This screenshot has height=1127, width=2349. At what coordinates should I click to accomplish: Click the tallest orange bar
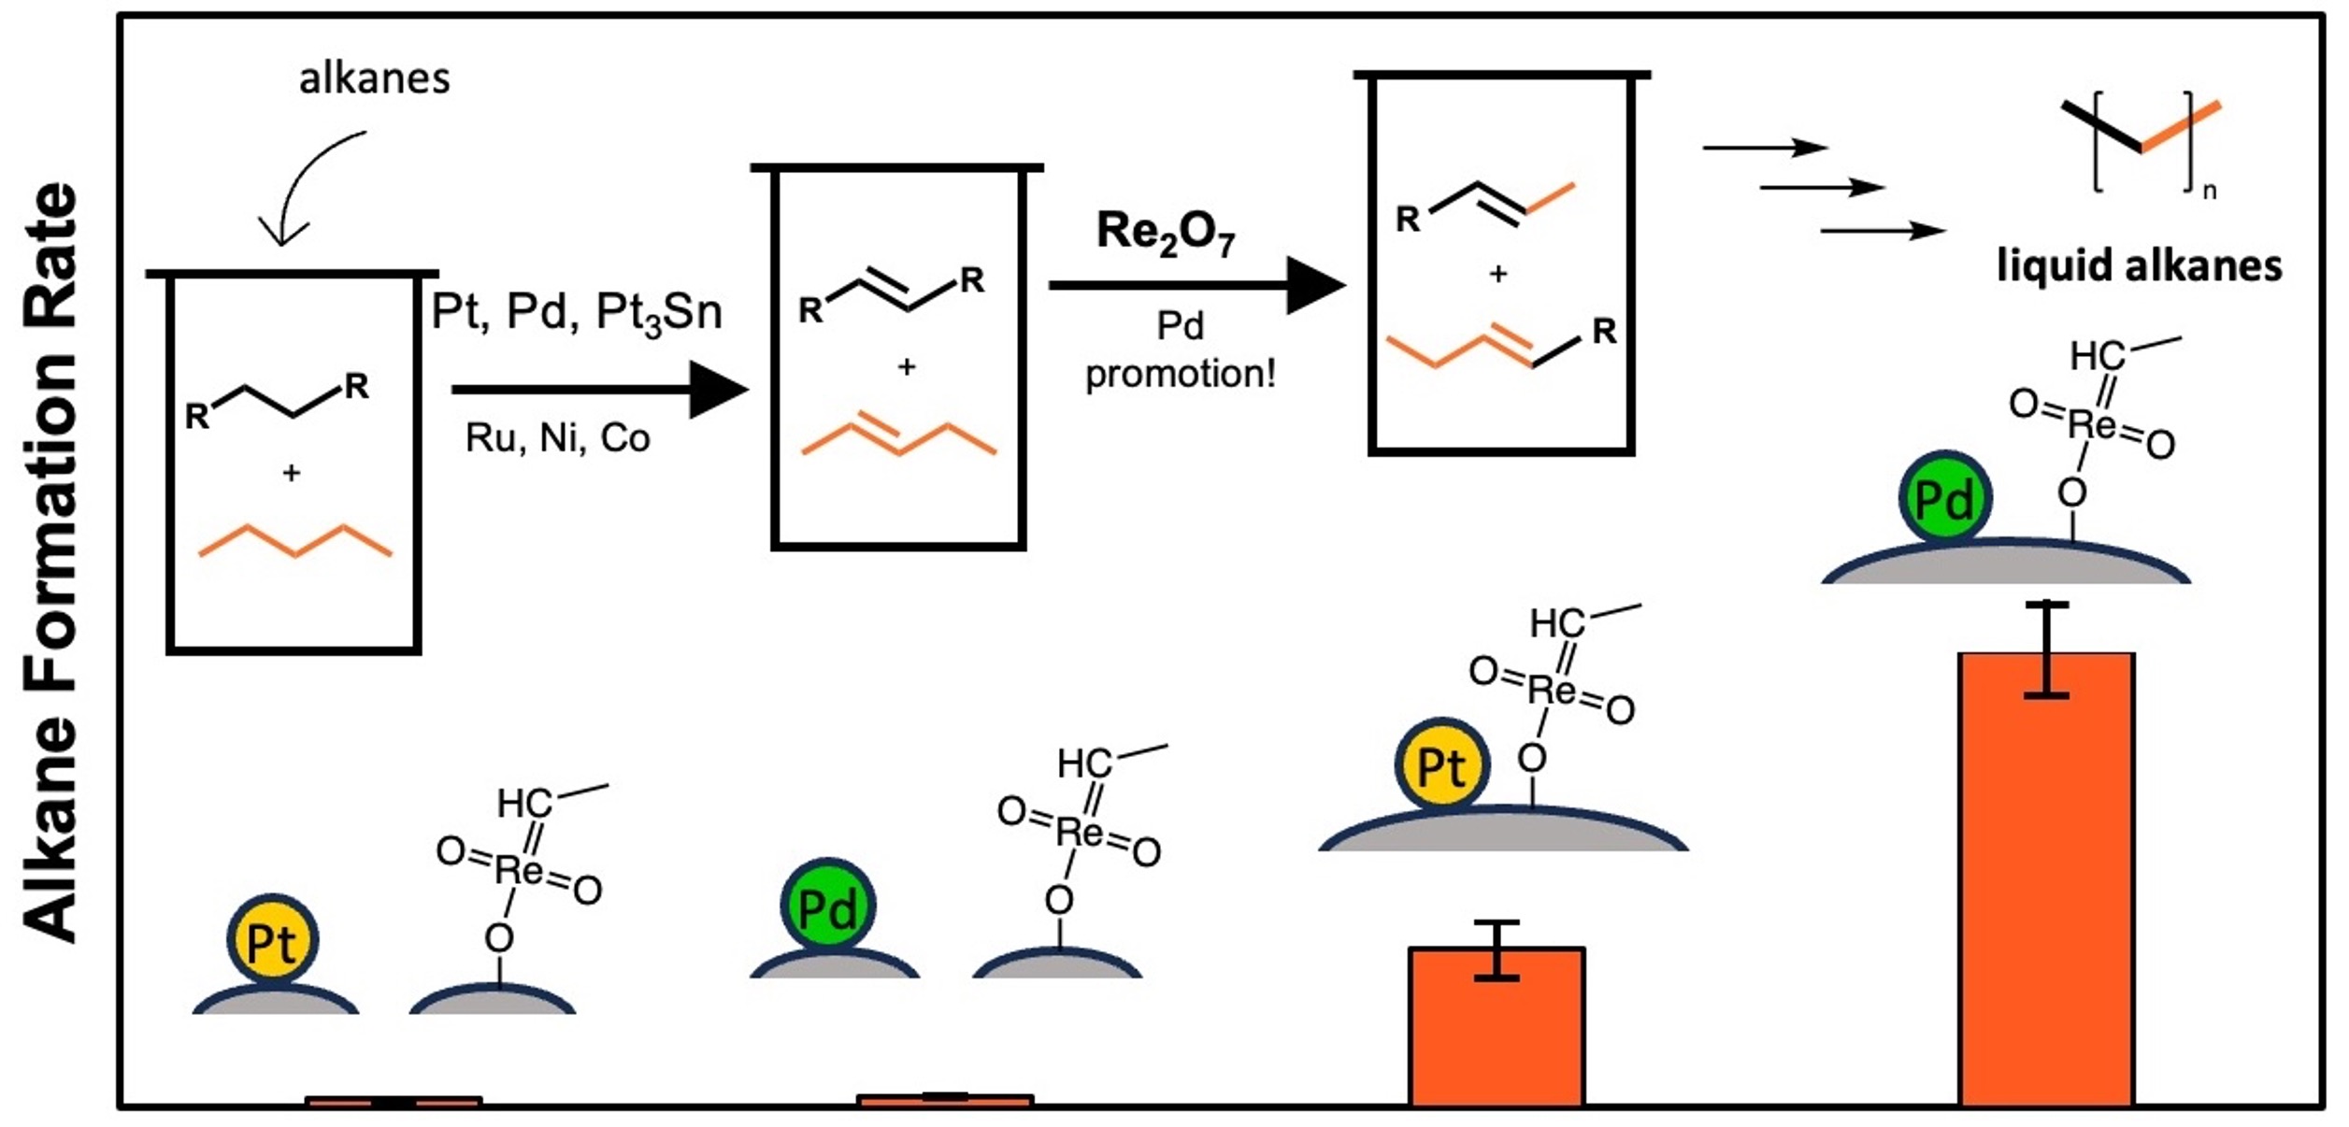point(2046,878)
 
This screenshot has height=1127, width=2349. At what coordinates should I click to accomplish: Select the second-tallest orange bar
point(1497,1028)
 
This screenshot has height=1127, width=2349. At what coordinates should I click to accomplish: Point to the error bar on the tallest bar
point(2046,649)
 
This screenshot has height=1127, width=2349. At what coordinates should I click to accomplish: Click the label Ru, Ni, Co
point(558,438)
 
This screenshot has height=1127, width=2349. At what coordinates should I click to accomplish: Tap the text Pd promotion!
point(1180,350)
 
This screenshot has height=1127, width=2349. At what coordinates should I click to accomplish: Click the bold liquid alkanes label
point(2139,266)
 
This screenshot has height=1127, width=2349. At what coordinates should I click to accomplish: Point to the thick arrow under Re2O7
point(1196,285)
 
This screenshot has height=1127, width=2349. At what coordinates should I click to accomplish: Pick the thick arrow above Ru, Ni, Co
point(599,390)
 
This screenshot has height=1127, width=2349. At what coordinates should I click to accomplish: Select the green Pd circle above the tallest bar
point(1945,499)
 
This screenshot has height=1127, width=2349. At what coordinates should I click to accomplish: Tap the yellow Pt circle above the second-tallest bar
point(1441,765)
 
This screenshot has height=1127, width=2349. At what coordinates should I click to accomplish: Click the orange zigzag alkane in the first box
point(295,541)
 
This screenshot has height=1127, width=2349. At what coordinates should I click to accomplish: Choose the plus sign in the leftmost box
point(292,474)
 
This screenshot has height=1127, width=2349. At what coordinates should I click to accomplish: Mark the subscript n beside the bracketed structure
point(2210,193)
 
